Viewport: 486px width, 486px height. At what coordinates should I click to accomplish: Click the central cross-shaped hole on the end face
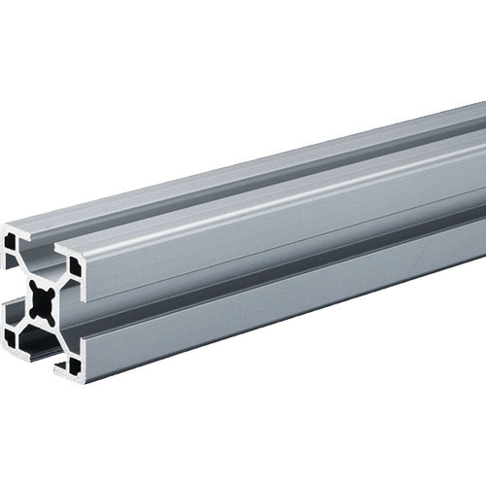[x=42, y=300]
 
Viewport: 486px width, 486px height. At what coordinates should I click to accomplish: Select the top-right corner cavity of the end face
[x=73, y=263]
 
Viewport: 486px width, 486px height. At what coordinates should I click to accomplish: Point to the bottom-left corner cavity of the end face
[x=14, y=335]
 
